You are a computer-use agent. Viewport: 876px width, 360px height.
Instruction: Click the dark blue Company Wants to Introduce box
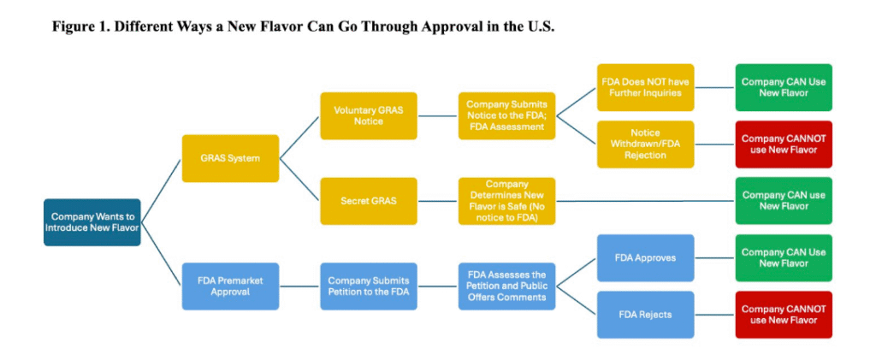click(x=92, y=222)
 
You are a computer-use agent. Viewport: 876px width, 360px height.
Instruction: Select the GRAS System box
click(x=230, y=158)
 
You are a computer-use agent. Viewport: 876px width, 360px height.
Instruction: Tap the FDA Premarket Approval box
click(x=230, y=286)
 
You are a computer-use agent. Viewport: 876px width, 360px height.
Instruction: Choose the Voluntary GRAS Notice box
click(x=368, y=115)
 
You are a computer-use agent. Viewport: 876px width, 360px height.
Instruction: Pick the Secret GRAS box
click(x=368, y=201)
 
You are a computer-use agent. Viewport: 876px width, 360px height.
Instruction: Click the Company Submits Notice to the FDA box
click(x=506, y=115)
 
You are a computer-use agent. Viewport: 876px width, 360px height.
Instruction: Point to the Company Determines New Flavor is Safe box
click(x=506, y=201)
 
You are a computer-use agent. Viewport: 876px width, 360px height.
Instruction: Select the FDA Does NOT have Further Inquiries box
click(x=645, y=87)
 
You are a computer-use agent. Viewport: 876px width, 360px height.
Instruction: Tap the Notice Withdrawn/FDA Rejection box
click(x=645, y=144)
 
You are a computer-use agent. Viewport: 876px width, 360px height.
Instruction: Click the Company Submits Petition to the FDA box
click(x=368, y=286)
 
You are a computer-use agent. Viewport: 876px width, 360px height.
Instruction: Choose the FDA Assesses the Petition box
click(x=506, y=286)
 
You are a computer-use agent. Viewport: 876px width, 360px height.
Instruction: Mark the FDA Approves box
click(x=645, y=257)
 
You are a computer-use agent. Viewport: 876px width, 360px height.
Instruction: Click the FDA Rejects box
click(x=645, y=314)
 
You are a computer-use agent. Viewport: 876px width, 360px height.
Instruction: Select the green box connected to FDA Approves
click(x=783, y=257)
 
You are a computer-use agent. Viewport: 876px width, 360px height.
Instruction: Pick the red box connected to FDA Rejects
click(x=783, y=314)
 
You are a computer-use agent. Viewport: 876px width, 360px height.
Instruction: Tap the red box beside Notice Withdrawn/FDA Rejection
click(x=783, y=144)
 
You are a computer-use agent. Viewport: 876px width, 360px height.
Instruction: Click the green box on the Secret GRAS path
click(x=783, y=201)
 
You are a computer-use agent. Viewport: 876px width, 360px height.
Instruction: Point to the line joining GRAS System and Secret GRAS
click(x=299, y=180)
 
